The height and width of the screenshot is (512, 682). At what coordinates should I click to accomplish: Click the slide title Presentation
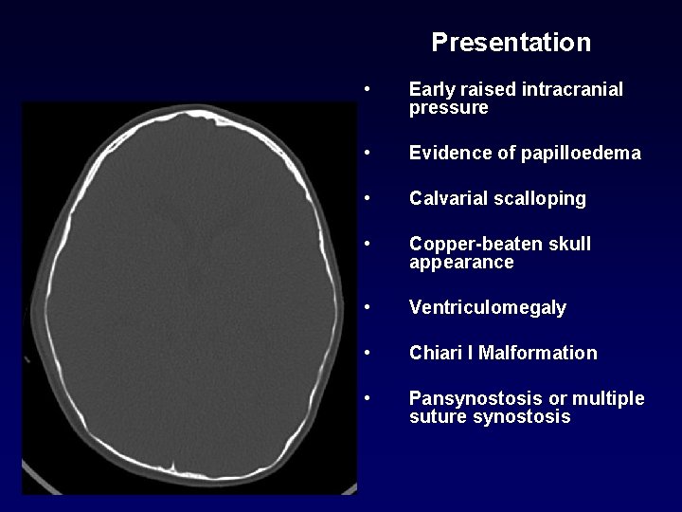[511, 43]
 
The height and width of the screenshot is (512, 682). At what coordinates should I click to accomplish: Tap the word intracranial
[569, 90]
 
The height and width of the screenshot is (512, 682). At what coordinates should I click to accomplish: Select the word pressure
[449, 108]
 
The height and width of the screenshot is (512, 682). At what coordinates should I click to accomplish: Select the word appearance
[461, 263]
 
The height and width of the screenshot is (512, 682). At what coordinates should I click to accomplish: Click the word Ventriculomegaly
[488, 308]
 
